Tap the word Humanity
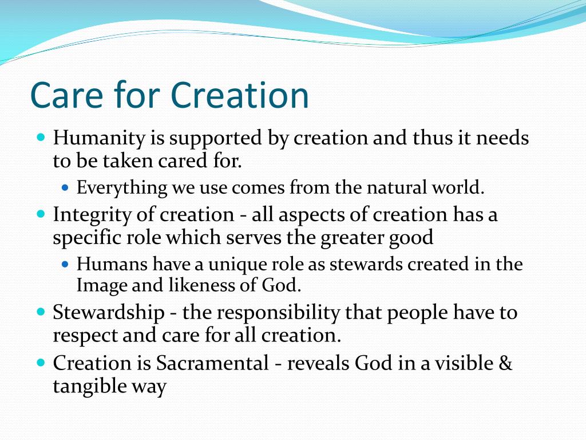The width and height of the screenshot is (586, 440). pos(99,139)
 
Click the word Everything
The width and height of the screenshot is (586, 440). pos(122,188)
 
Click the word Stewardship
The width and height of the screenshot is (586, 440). pos(109,313)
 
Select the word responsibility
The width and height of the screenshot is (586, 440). pos(279,313)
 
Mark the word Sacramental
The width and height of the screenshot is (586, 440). pos(212,363)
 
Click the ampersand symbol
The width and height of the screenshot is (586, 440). pos(505,363)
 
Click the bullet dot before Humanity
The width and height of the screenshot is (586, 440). pos(41,136)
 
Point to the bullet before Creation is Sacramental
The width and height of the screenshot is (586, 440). pos(41,362)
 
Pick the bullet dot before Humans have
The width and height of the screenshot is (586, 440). pos(66,264)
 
